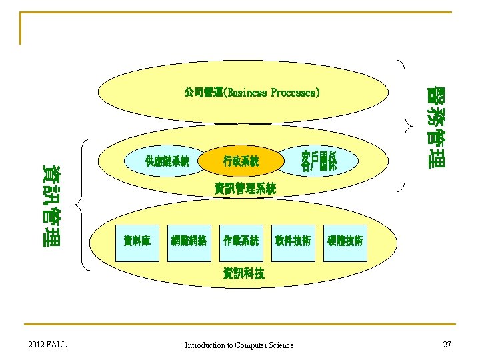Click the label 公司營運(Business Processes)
pos(251,93)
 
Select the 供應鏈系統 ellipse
pos(167,161)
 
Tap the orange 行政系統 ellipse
pos(241,161)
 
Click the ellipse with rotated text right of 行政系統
pos(319,161)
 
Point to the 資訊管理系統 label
pos(245,189)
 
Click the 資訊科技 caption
pos(244,272)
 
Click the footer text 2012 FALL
pos(47,344)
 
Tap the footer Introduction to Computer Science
pos(239,345)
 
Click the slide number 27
pos(447,344)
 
